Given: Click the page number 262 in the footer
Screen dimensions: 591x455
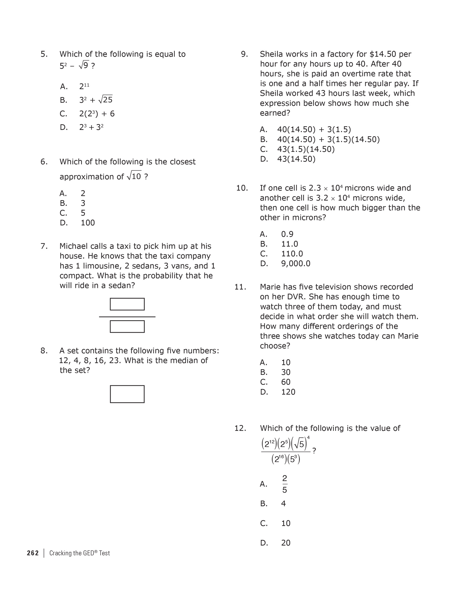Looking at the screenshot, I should [x=33, y=553].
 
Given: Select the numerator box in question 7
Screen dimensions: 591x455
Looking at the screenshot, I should [x=127, y=304].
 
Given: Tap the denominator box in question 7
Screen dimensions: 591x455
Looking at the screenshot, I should [x=127, y=327].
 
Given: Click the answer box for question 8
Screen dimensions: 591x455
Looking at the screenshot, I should [x=127, y=394].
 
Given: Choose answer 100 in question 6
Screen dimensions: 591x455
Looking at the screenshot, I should [x=88, y=223].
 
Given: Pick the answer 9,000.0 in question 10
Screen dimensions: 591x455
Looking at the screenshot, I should [x=295, y=264].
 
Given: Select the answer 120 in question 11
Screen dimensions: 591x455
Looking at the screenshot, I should [x=288, y=392].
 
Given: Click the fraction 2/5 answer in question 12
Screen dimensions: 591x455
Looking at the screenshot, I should [x=284, y=484].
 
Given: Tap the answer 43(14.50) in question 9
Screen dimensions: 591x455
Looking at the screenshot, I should [x=296, y=159].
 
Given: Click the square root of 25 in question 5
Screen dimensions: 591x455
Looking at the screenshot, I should [x=105, y=99].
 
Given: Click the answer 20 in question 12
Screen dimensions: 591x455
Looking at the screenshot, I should [x=285, y=543].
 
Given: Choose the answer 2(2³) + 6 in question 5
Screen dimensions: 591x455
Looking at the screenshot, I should [x=97, y=114].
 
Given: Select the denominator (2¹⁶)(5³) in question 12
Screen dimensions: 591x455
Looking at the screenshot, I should [x=285, y=460].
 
